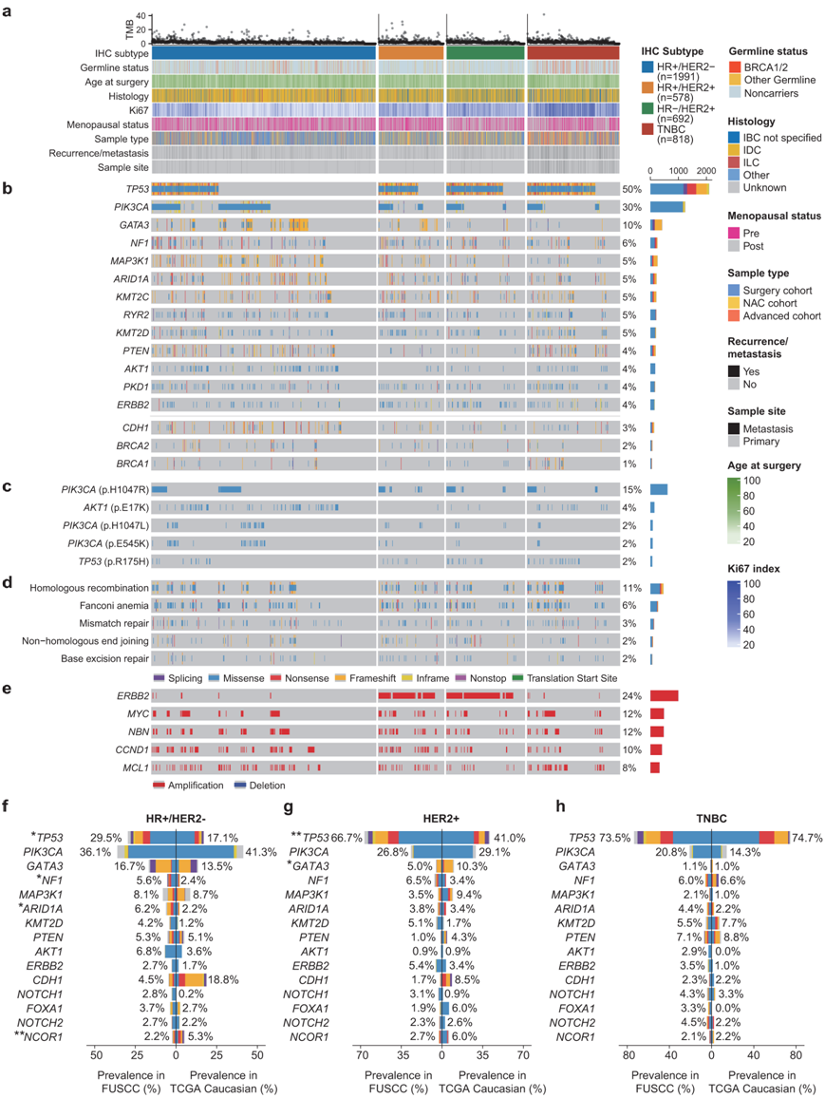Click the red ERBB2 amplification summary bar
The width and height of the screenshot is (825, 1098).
664,696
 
